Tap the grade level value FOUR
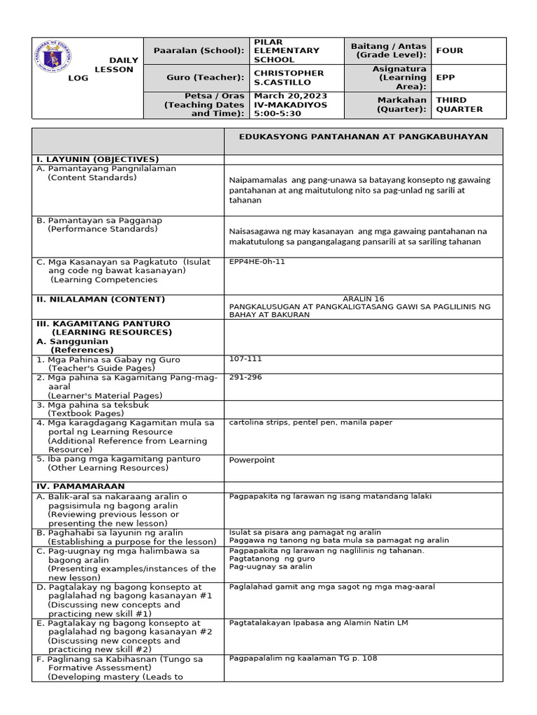[450, 50]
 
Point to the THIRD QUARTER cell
[459, 104]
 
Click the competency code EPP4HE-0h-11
[257, 262]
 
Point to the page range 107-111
[243, 359]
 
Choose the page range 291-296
[243, 377]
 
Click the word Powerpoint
[252, 459]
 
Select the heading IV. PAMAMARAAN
[80, 485]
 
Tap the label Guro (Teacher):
[206, 78]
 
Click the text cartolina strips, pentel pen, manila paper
[310, 422]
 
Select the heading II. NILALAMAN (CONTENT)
[101, 299]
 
